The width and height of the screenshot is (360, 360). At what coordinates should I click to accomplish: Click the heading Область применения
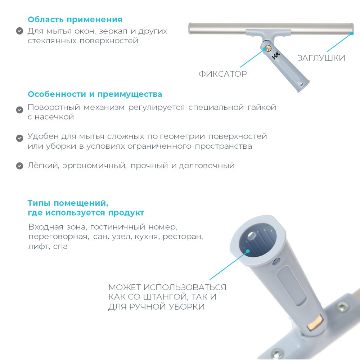tap(75, 19)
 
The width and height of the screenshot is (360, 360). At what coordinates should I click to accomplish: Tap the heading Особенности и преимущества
tap(95, 94)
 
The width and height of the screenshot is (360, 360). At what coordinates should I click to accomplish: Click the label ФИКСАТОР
tap(223, 74)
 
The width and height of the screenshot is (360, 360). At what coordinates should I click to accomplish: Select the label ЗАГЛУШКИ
tap(321, 58)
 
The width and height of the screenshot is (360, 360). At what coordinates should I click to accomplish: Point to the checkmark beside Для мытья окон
tap(20, 31)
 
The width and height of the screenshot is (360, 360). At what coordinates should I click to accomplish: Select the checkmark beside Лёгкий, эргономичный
tap(20, 166)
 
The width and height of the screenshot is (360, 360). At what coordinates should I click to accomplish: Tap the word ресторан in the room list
tap(184, 237)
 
